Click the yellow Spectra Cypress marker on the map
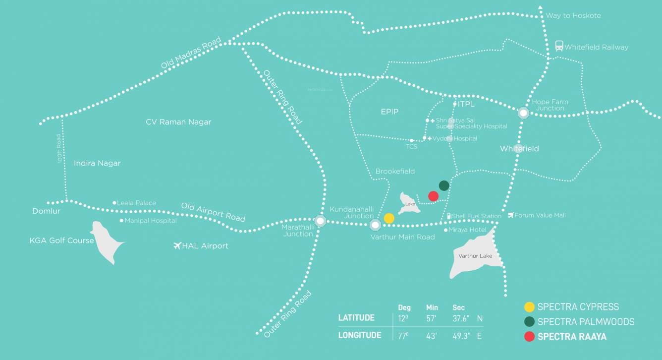389,218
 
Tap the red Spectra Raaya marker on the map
433,196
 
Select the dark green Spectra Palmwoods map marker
444,185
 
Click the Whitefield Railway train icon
559,46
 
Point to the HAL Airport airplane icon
177,245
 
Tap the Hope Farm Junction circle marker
523,113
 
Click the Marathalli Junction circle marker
320,221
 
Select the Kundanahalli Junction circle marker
375,225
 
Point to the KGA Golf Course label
61,240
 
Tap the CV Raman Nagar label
178,122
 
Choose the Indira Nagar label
97,163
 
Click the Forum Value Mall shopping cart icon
511,215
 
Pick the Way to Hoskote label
573,15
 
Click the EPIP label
389,112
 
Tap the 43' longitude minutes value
432,336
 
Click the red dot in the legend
529,337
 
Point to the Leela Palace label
136,203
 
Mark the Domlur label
46,211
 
